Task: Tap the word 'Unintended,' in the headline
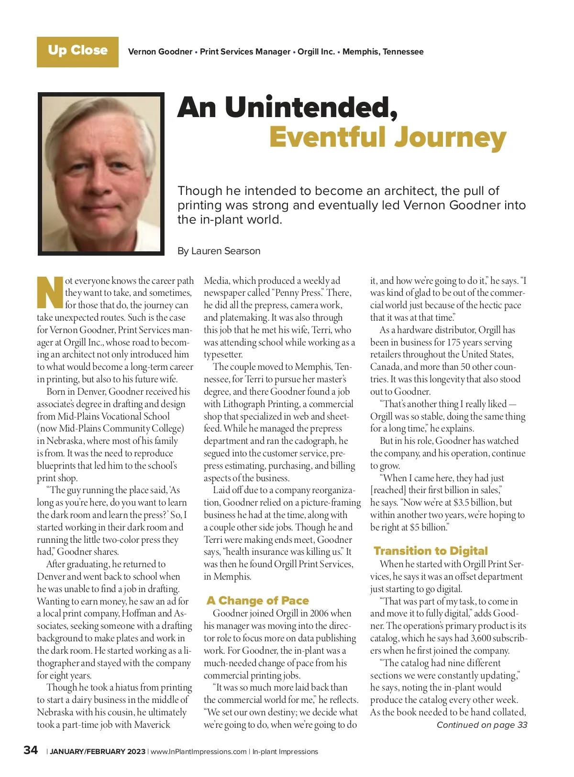coord(311,108)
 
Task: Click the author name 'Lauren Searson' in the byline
coord(226,251)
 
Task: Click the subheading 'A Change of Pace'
coord(258,601)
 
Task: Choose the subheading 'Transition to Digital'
coord(430,551)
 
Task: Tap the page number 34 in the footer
coord(31,750)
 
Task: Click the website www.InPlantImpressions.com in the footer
coord(199,752)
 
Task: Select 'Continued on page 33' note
coord(482,725)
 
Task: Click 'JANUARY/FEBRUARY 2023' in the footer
coord(98,752)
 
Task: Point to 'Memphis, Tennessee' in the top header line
coord(383,52)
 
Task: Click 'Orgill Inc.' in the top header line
coord(316,52)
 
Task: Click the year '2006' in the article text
coord(319,614)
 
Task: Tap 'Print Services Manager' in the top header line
coord(245,52)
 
